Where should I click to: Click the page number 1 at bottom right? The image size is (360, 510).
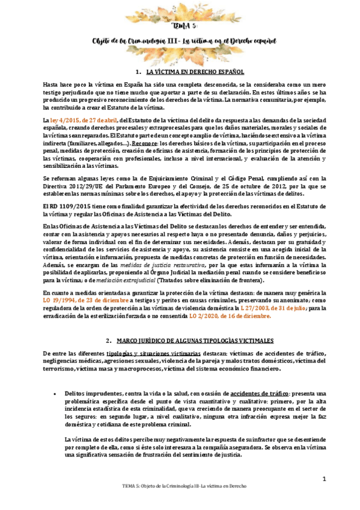pyautogui.click(x=323, y=479)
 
